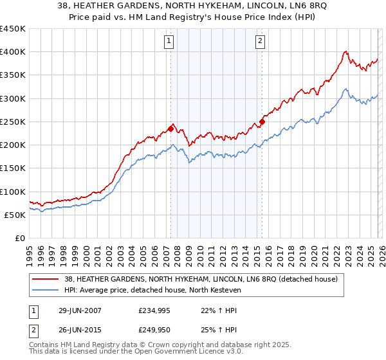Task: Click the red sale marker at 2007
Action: (x=170, y=128)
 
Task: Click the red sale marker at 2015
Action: (x=262, y=122)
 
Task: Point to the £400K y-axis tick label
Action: (x=13, y=52)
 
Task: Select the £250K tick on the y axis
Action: (x=13, y=122)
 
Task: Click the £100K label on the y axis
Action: (x=13, y=192)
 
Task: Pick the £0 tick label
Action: (x=19, y=238)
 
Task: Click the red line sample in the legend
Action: (x=46, y=279)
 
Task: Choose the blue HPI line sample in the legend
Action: (x=46, y=291)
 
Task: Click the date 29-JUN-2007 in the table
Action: (x=80, y=310)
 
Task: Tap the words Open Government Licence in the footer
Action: (x=169, y=352)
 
